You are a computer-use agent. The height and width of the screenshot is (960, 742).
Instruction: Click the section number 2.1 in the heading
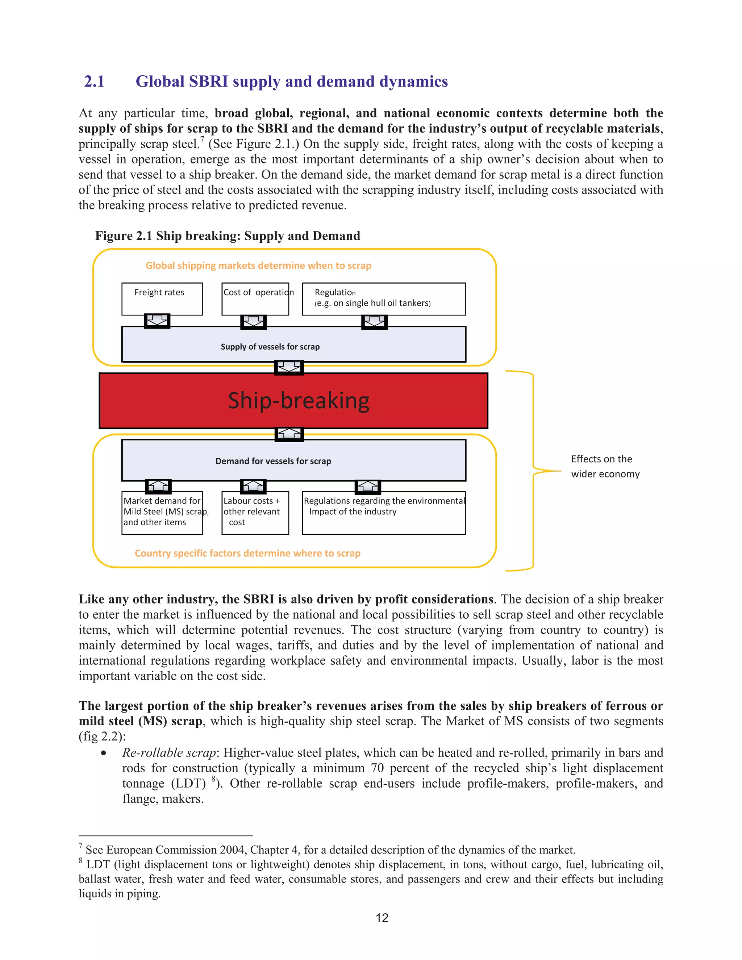(94, 82)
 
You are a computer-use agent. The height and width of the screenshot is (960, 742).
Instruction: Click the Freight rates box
(162, 299)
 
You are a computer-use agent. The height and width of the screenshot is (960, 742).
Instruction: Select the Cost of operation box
(255, 299)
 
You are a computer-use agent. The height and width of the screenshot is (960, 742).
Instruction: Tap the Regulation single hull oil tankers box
(383, 299)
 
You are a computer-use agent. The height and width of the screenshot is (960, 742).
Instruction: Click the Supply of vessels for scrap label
(270, 347)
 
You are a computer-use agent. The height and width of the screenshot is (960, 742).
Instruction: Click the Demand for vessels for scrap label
(273, 461)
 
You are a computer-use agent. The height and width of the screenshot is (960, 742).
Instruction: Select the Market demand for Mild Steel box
(162, 512)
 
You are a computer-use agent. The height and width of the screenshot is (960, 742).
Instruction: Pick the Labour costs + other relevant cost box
(255, 512)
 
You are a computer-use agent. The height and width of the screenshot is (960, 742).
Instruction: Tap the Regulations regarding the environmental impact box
(383, 512)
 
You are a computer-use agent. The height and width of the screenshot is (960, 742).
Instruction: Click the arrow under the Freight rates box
(157, 321)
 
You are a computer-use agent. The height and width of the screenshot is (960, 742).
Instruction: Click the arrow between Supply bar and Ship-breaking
(289, 367)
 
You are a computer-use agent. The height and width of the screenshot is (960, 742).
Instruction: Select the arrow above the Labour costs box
(253, 486)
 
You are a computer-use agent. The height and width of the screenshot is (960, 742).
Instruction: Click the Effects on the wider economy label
(604, 466)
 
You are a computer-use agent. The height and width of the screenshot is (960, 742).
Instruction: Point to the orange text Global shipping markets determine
(258, 266)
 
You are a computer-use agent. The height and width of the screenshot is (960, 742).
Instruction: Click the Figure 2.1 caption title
(227, 236)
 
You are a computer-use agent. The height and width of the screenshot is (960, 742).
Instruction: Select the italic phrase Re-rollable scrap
(169, 752)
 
